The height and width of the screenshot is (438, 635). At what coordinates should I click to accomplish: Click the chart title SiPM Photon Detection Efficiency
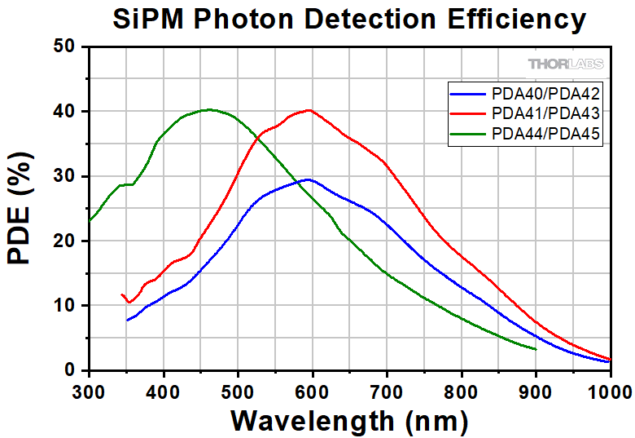click(348, 18)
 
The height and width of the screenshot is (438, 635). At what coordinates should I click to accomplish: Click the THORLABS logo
click(565, 64)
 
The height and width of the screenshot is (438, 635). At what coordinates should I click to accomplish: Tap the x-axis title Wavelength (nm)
click(349, 420)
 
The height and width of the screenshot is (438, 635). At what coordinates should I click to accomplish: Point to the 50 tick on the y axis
click(68, 46)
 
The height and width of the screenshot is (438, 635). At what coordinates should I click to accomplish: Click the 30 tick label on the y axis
click(68, 176)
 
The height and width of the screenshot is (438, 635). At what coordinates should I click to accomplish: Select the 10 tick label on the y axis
click(68, 306)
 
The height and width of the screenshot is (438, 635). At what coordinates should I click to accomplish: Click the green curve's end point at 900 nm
click(536, 349)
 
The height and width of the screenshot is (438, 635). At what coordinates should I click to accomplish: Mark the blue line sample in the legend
click(467, 92)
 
